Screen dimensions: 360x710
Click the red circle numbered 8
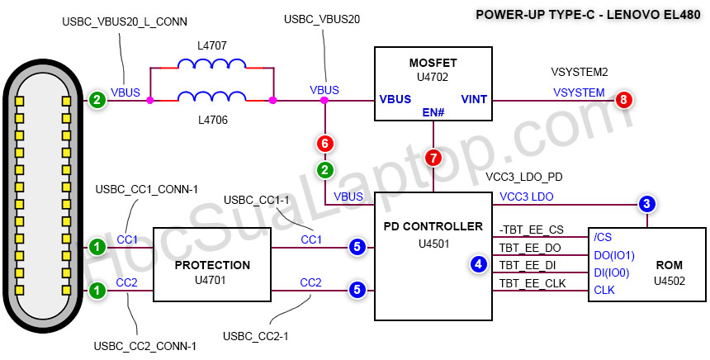tap(623, 101)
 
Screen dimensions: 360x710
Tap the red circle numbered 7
tap(433, 157)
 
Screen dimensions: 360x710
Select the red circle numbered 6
tap(325, 144)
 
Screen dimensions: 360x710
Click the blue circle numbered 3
tap(647, 203)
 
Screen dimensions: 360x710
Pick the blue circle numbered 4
tap(478, 264)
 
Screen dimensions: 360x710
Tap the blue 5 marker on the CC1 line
tap(357, 246)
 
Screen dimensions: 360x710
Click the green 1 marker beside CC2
tap(97, 290)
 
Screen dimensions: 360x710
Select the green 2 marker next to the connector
tap(97, 101)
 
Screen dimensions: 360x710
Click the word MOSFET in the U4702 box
tap(433, 62)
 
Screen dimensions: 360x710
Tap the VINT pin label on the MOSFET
tap(473, 100)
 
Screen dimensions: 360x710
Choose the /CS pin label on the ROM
tap(603, 236)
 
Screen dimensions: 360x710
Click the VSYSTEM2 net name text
tap(579, 73)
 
